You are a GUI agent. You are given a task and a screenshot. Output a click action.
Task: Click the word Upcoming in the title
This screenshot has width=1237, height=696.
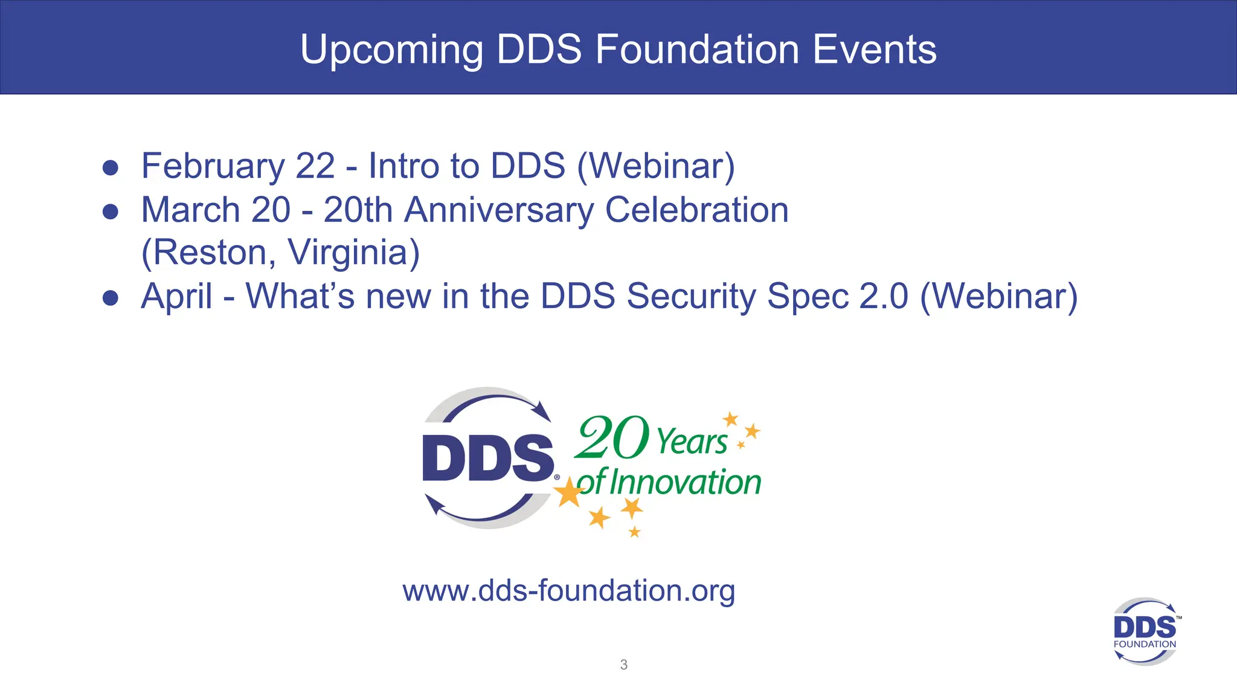point(391,50)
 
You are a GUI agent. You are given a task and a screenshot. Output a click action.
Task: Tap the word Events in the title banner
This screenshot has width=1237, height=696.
point(874,50)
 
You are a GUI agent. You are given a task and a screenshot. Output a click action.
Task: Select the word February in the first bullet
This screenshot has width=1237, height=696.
point(213,166)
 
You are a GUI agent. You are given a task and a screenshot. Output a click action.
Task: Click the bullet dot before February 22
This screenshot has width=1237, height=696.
point(111,167)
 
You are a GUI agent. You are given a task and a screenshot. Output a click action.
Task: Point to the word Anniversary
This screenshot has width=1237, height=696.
point(499,210)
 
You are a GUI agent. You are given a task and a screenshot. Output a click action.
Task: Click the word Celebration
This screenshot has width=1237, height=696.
point(696,210)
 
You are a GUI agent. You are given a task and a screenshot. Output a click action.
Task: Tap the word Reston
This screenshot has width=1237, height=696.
point(208,253)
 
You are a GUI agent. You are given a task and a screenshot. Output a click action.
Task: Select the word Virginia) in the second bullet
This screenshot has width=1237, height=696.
point(353,253)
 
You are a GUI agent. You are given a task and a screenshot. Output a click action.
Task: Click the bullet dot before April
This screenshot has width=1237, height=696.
point(111,297)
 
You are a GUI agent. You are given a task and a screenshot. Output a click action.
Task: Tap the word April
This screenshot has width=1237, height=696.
point(176,297)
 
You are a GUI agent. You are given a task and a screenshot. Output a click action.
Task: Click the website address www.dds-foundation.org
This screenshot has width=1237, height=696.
point(568,590)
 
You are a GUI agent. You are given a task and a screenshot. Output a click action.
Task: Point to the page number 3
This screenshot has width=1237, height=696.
point(624,665)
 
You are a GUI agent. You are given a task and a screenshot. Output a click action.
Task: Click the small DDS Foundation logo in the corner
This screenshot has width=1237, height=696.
point(1145,631)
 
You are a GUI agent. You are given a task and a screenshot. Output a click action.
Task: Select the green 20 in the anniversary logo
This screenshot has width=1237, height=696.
point(611,437)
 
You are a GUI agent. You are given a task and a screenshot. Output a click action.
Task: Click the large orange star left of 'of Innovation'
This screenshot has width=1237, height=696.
point(568,492)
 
